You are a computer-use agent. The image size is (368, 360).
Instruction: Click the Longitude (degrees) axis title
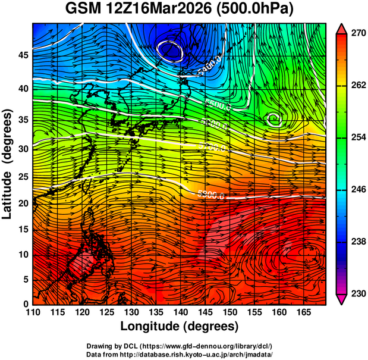[180, 326]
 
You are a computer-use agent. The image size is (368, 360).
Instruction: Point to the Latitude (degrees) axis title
[8, 164]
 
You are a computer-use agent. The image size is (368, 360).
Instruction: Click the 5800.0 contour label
[210, 194]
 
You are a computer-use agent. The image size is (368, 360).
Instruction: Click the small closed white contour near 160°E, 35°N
[273, 119]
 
